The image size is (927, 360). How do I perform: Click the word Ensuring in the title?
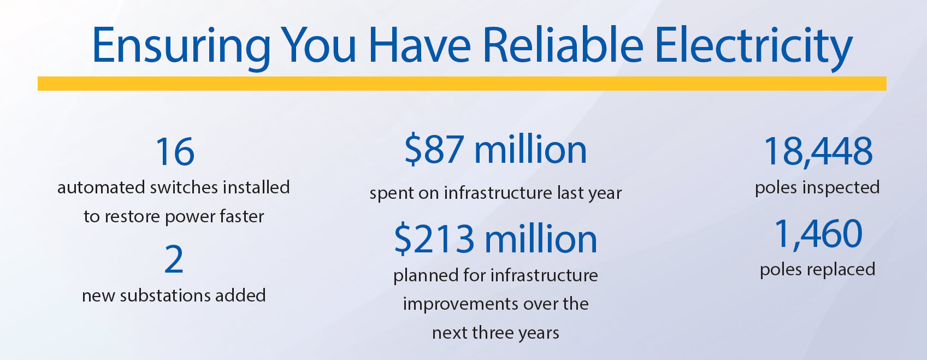point(181,47)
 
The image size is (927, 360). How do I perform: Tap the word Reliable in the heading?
point(563,44)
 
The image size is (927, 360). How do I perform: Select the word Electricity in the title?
point(754,47)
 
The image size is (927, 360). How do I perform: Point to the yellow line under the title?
point(462,83)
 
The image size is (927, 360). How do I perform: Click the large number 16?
point(175,152)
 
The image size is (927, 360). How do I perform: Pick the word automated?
point(101,187)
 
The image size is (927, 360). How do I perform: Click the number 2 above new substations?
point(174,259)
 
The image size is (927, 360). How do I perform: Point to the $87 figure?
point(434,150)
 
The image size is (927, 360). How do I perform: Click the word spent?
point(391,193)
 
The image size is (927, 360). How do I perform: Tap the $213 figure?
point(434,239)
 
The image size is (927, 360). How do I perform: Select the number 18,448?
point(818,152)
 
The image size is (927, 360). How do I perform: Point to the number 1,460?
point(818,234)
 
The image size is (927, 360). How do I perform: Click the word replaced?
point(841,269)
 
